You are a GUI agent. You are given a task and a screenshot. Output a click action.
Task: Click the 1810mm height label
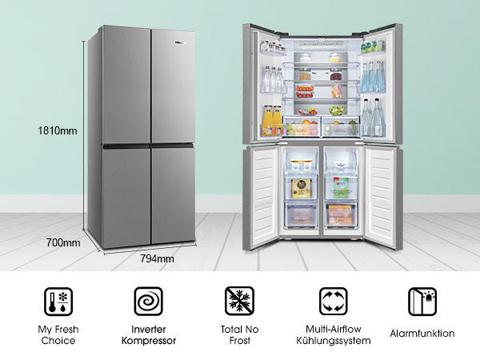click(x=58, y=131)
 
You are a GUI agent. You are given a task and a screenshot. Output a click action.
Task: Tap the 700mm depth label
click(x=63, y=242)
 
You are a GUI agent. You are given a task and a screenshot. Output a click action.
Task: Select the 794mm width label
click(x=157, y=258)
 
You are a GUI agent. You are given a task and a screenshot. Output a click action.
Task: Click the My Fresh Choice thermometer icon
click(x=58, y=302)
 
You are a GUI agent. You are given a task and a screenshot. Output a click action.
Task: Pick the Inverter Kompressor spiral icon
click(x=149, y=302)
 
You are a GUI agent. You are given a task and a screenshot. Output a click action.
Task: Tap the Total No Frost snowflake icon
click(x=239, y=301)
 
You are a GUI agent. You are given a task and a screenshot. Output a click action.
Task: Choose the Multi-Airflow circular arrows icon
click(x=334, y=302)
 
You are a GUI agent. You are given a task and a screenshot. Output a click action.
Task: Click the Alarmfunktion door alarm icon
click(x=422, y=302)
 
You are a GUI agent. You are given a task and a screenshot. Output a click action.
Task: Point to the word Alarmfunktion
click(x=422, y=334)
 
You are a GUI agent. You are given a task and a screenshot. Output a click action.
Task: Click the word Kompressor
click(x=149, y=341)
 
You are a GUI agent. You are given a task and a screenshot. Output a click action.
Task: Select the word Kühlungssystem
click(x=334, y=341)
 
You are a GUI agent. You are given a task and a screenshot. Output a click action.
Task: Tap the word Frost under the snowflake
click(x=240, y=341)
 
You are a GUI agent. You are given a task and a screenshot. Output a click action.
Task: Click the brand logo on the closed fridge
click(x=180, y=42)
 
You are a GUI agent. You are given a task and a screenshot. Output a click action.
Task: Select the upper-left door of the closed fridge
click(x=126, y=85)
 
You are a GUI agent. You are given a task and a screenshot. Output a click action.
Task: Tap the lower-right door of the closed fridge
click(x=174, y=194)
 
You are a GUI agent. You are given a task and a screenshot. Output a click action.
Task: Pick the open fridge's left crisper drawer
click(x=302, y=126)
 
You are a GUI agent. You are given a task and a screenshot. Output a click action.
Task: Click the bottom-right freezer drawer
click(x=341, y=214)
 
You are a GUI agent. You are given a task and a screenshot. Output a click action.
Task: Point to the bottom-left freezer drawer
click(x=301, y=214)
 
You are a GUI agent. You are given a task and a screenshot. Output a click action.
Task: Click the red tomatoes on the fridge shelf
click(x=305, y=91)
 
